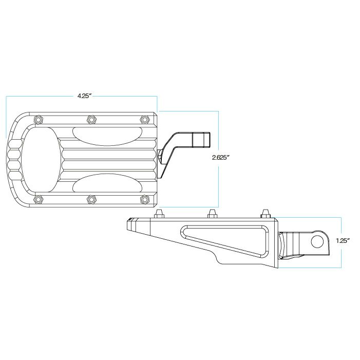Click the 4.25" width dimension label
[x=84, y=96]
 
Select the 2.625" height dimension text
[x=220, y=158]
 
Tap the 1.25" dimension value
[x=343, y=241]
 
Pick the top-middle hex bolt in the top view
[x=91, y=119]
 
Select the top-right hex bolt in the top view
[x=144, y=119]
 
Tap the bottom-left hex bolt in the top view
[x=37, y=199]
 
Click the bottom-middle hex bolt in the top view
[x=91, y=199]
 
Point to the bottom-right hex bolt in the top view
[x=144, y=199]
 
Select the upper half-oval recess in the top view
[x=105, y=136]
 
